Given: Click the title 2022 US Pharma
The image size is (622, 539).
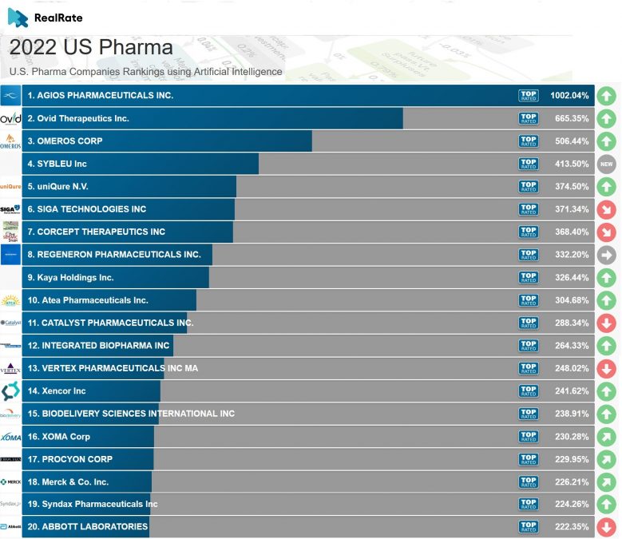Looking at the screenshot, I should click(91, 47).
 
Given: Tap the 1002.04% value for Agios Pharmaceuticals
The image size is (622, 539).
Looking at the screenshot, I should click(569, 96).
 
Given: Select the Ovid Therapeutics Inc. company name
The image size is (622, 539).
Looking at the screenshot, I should click(78, 118).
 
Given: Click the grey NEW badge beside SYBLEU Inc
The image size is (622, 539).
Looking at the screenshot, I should click(607, 164).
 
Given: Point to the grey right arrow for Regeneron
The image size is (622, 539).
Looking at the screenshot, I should click(607, 255).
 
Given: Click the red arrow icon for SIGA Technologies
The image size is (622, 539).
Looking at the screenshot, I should click(607, 209).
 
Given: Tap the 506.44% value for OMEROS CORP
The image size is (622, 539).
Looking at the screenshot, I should click(569, 141).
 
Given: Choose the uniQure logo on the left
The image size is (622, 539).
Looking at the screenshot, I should click(10, 187).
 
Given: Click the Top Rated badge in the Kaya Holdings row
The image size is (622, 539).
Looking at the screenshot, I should click(529, 278).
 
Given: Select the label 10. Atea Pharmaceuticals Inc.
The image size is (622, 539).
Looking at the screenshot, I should click(88, 300).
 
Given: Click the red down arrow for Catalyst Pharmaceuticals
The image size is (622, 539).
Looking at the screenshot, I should click(607, 323).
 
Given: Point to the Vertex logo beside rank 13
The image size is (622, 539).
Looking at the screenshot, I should click(10, 368).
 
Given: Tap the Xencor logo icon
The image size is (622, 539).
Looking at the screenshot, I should click(10, 391).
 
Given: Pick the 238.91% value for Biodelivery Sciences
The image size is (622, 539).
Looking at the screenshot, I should click(569, 414).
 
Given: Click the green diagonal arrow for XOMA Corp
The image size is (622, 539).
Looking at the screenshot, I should click(607, 437).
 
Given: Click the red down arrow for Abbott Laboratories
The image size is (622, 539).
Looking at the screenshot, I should click(607, 527).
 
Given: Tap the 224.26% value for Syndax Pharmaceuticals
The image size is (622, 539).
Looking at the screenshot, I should click(569, 504).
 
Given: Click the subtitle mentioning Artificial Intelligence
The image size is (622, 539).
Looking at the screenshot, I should click(145, 72).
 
